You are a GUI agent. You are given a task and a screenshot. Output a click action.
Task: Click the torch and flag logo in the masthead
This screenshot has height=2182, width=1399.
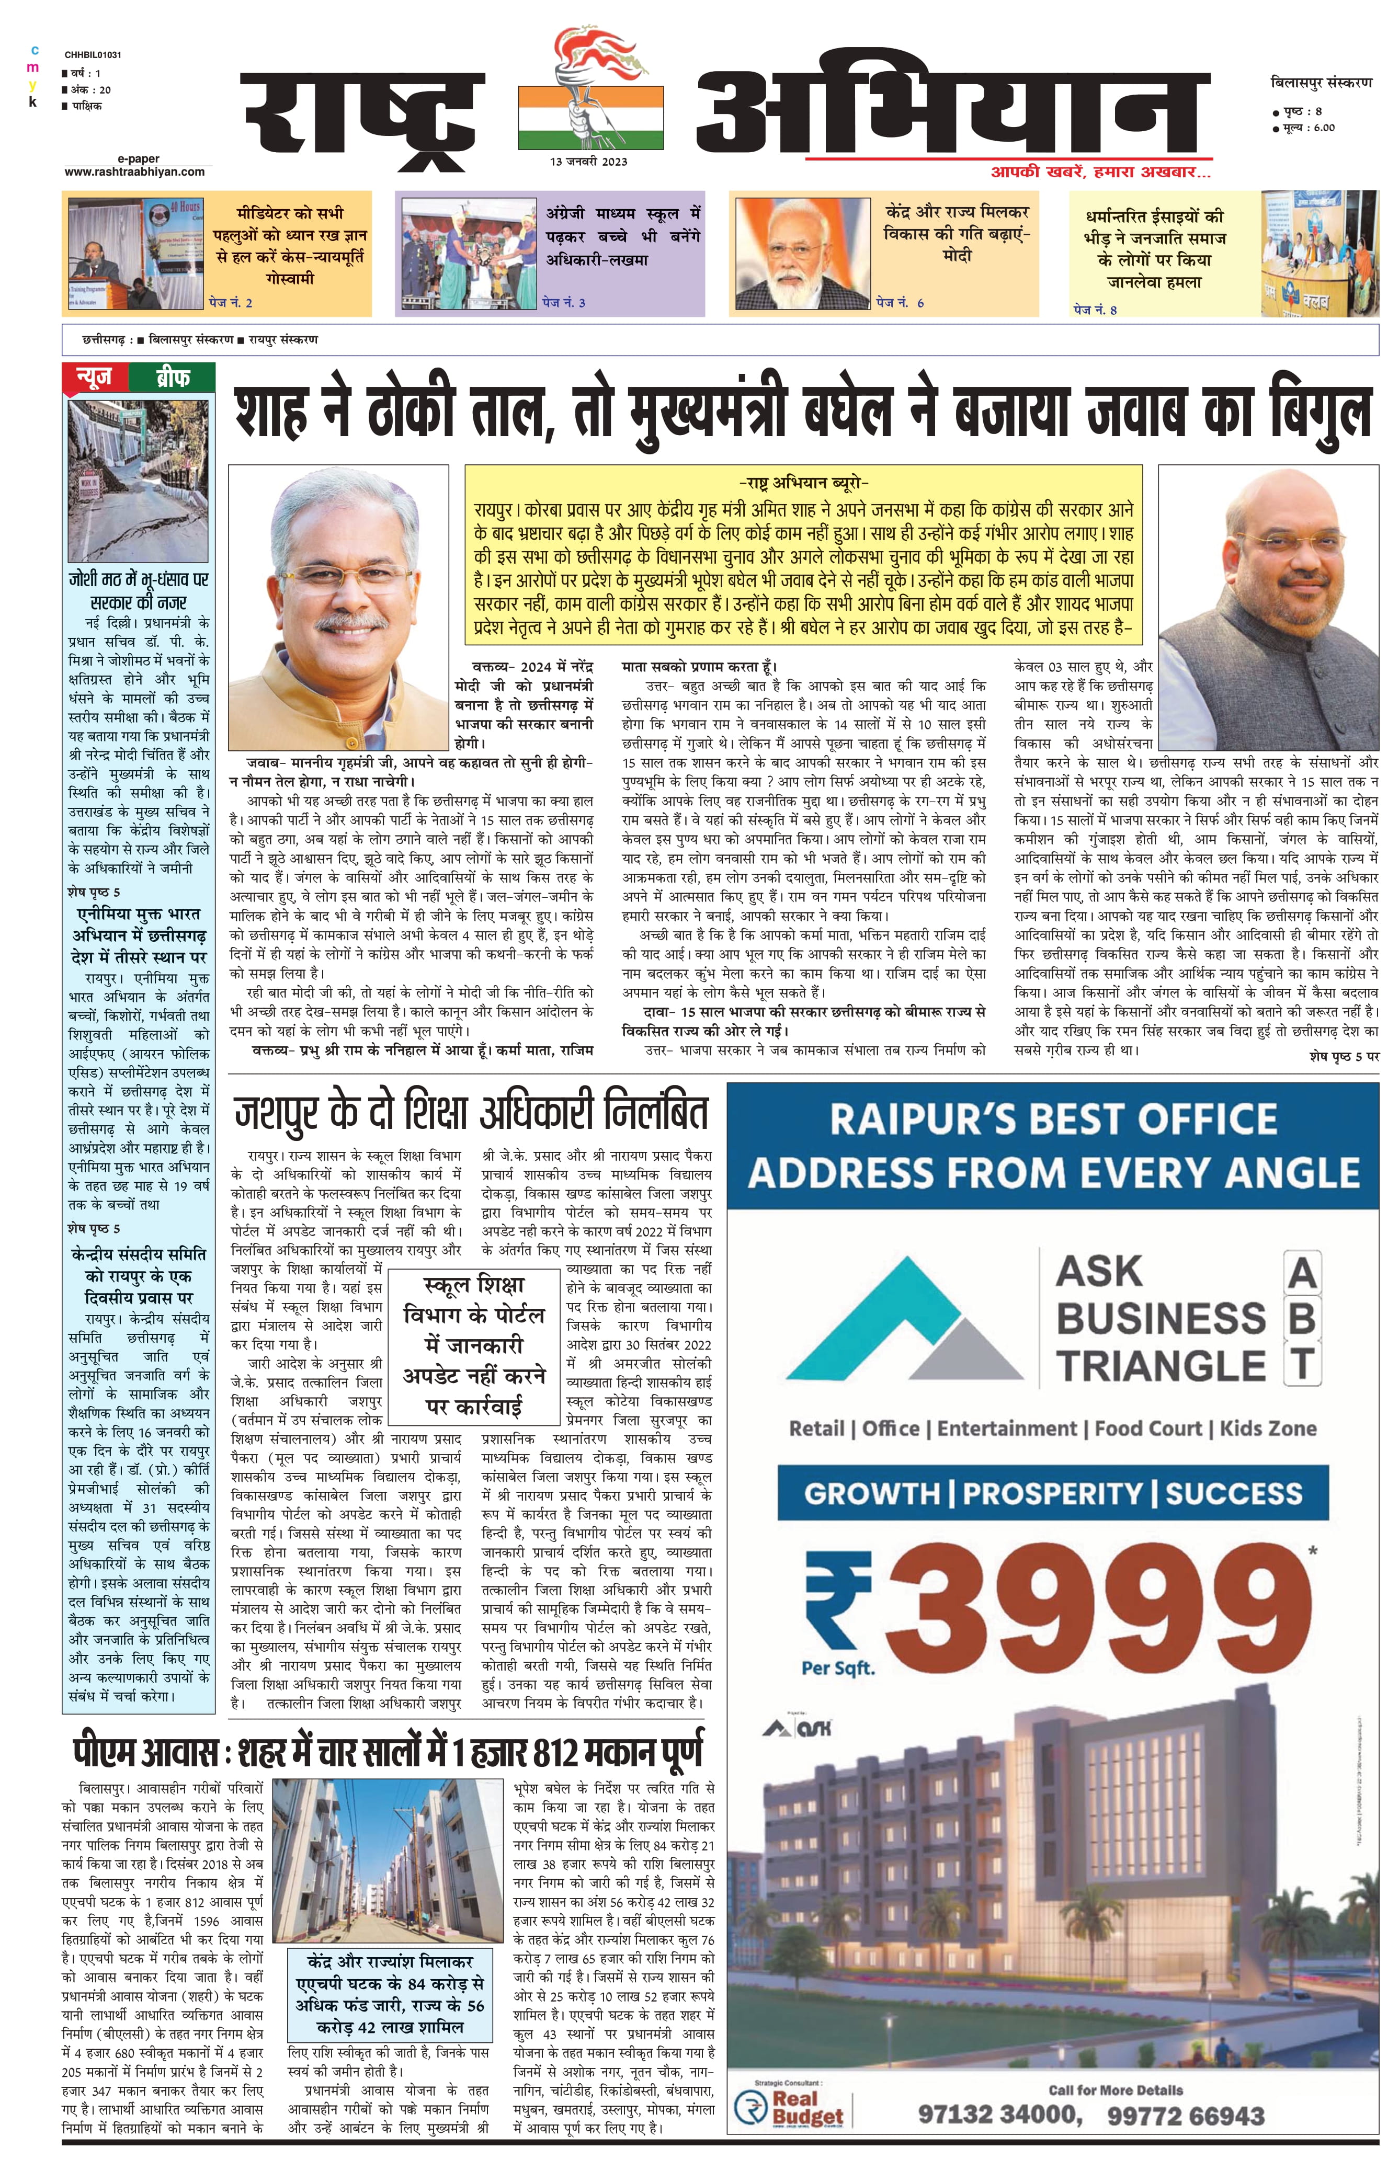click(589, 91)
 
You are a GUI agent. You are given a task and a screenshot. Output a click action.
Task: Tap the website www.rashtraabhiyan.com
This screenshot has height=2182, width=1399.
click(134, 172)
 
